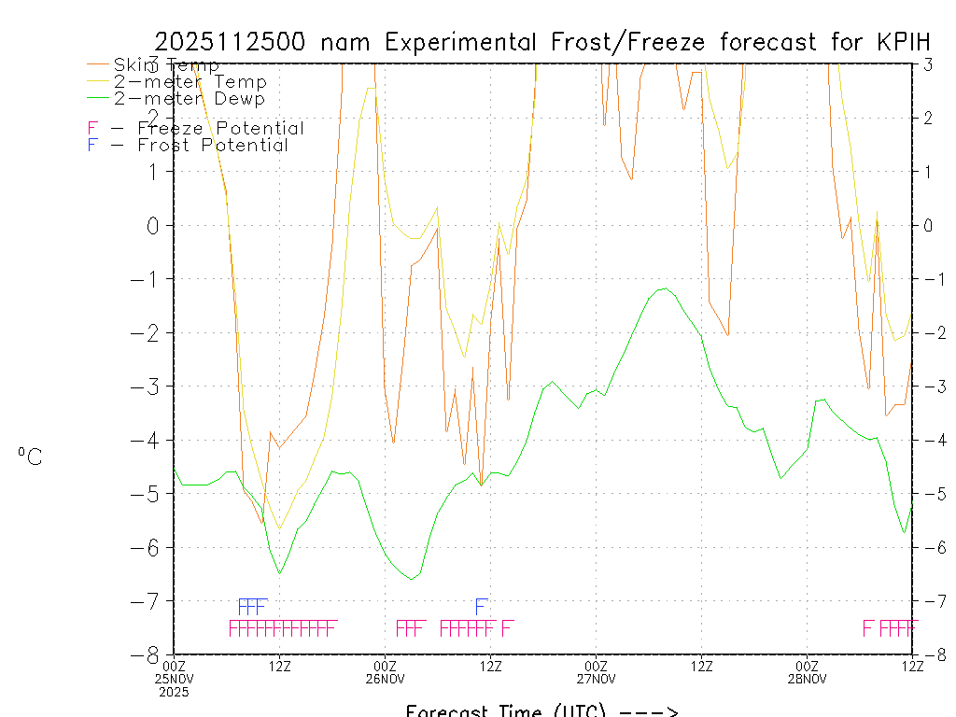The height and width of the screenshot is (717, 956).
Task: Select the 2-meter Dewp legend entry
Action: pyautogui.click(x=189, y=98)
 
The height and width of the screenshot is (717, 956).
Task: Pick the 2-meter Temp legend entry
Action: pyautogui.click(x=190, y=82)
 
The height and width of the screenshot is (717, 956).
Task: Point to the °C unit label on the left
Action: pyautogui.click(x=30, y=456)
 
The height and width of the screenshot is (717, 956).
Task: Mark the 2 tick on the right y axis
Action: pyautogui.click(x=928, y=118)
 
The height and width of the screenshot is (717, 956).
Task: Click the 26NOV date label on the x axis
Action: pyautogui.click(x=385, y=678)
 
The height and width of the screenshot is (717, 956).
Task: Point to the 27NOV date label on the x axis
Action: pyautogui.click(x=596, y=678)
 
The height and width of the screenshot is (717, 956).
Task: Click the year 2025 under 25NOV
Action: pyautogui.click(x=174, y=692)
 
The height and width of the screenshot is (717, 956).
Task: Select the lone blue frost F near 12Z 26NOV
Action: pyautogui.click(x=482, y=605)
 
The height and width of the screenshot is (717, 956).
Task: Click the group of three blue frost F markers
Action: pyautogui.click(x=253, y=605)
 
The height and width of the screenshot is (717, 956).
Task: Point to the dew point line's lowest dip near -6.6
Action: pyautogui.click(x=412, y=579)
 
